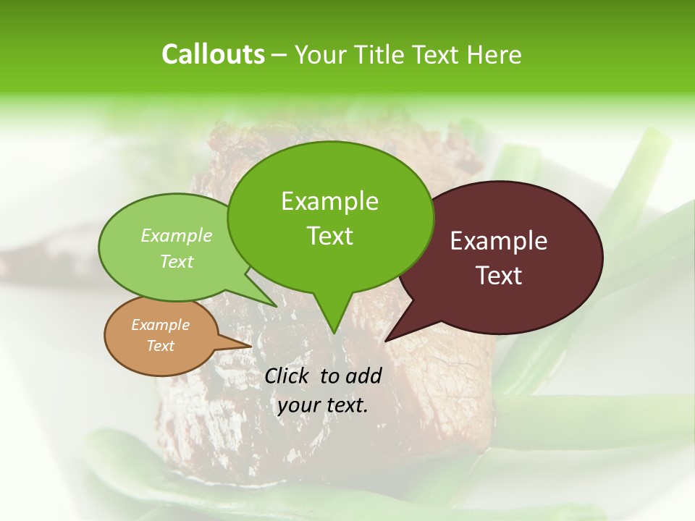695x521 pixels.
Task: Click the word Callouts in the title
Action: click(x=213, y=54)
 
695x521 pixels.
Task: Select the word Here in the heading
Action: click(x=494, y=54)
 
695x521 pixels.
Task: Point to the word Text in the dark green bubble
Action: click(x=329, y=235)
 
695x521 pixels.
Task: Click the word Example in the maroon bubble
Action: click(x=499, y=241)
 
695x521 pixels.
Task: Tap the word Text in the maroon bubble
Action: click(x=499, y=276)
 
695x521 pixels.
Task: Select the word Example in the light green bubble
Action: click(x=177, y=235)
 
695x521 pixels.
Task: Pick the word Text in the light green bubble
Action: click(x=177, y=261)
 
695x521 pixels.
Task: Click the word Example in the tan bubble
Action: click(x=160, y=325)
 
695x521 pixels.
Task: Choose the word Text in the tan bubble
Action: click(x=160, y=346)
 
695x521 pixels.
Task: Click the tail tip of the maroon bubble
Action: click(x=386, y=340)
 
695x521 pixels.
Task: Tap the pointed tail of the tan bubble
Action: click(x=250, y=345)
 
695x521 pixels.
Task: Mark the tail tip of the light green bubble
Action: click(x=277, y=306)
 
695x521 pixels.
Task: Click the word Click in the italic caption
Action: click(x=287, y=376)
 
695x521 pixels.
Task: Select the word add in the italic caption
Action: click(x=363, y=376)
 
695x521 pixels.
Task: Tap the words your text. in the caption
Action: click(x=322, y=405)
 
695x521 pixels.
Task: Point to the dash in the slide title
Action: click(x=279, y=55)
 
